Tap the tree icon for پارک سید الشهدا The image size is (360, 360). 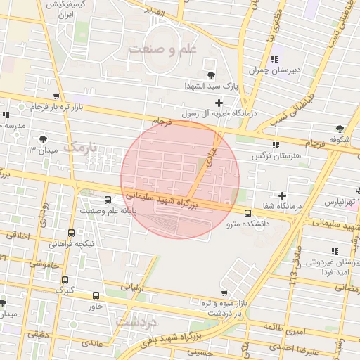tap(210, 75)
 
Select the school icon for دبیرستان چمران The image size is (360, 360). tap(274, 59)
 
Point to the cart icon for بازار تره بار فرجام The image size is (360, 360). tap(56, 97)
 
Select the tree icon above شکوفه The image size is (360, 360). tap(340, 129)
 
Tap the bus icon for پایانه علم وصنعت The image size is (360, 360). tap(108, 200)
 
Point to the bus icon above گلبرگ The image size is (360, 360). tap(65, 278)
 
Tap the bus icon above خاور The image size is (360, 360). tap(96, 296)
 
